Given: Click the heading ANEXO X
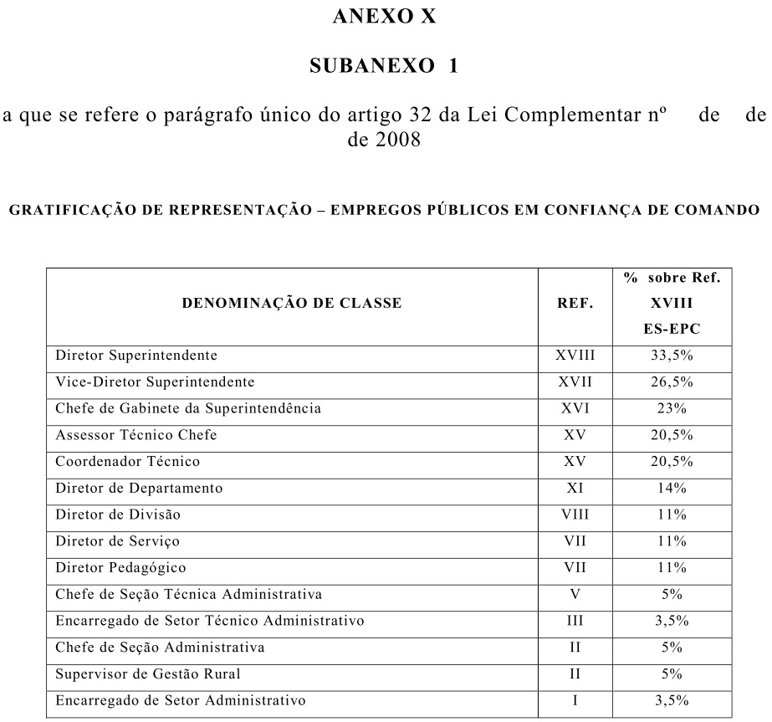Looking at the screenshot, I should pos(385,16).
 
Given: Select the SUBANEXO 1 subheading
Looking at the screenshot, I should pos(384,66).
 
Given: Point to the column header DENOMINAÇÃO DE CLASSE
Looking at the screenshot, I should pos(292,304).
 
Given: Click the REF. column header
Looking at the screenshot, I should pos(575,304).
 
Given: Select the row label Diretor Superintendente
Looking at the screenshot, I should pos(136,356).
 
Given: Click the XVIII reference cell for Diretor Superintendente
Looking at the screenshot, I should pos(575,356).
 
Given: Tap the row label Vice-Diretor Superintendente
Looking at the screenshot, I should pos(154,382).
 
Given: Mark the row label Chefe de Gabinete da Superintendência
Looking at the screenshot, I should pos(188,409).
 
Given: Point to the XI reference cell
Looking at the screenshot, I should pos(575,488).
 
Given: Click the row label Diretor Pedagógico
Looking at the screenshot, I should pos(120,567).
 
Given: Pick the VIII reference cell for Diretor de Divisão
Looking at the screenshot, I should pos(575,515).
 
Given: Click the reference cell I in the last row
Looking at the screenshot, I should pos(575,700).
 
